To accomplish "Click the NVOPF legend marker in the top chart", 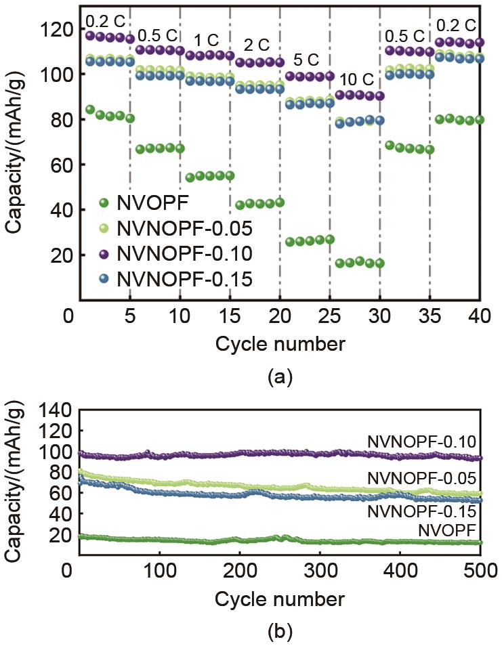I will pos(104,202).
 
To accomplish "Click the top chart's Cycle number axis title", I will pos(280,344).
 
